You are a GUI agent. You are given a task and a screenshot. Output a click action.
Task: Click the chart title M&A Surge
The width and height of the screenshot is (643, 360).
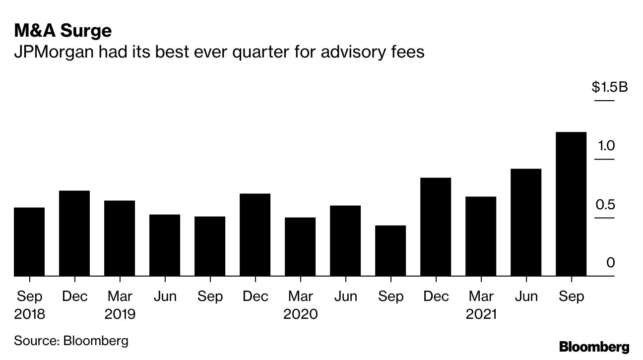[63, 31]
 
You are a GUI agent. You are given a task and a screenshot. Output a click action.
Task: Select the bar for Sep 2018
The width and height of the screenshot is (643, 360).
[29, 241]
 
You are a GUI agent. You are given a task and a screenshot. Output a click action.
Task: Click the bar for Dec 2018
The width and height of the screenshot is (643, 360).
[74, 233]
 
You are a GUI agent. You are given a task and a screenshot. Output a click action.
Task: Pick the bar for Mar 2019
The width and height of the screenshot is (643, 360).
[120, 238]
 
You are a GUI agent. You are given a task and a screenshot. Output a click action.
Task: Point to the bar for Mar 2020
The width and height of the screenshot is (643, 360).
[300, 246]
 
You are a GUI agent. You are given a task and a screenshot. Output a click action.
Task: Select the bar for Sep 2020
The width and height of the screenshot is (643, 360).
[390, 250]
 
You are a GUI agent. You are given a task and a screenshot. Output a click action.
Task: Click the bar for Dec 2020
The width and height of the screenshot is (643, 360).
[436, 227]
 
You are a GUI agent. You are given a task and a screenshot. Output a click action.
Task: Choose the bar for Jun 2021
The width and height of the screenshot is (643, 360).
[526, 222]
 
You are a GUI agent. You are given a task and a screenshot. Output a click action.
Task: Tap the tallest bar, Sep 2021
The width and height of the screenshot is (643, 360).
[571, 204]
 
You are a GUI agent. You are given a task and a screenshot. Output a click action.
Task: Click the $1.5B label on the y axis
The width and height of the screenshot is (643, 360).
[609, 88]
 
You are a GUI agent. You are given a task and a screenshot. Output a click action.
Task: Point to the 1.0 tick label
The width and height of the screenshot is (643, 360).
[606, 146]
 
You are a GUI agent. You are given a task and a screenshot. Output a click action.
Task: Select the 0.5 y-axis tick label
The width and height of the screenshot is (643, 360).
[606, 204]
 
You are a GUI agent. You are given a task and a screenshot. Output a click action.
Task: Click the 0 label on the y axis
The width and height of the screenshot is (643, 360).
[610, 262]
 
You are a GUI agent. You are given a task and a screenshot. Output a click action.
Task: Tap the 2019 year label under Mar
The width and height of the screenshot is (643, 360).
[120, 314]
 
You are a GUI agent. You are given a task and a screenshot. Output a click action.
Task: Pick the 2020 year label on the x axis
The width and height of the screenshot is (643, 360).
[300, 314]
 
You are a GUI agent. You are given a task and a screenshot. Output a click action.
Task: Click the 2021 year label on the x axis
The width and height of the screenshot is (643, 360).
[481, 314]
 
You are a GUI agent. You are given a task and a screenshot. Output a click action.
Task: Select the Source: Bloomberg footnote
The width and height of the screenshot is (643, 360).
[71, 341]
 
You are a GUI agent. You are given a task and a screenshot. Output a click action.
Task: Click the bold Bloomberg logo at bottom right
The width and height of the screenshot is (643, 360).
[594, 347]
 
